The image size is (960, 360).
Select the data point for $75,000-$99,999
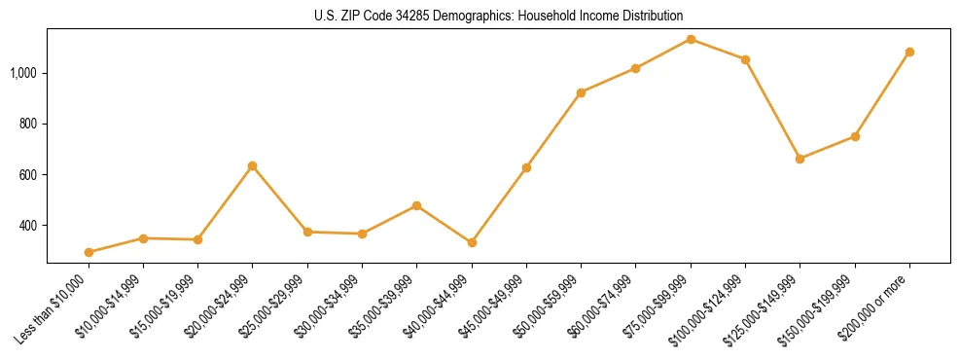(691, 39)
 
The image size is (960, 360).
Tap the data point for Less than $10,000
(89, 252)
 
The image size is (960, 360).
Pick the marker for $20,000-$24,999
(253, 166)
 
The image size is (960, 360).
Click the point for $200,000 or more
(909, 52)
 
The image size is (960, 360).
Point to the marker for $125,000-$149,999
(800, 159)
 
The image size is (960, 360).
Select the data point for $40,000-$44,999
(472, 242)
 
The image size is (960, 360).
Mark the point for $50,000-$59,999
(581, 92)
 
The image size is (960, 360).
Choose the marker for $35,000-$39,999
(416, 205)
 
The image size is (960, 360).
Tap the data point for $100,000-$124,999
(745, 59)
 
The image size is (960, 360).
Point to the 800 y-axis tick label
(31, 125)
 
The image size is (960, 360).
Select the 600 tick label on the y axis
(31, 175)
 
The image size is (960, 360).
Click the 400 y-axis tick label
(31, 226)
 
